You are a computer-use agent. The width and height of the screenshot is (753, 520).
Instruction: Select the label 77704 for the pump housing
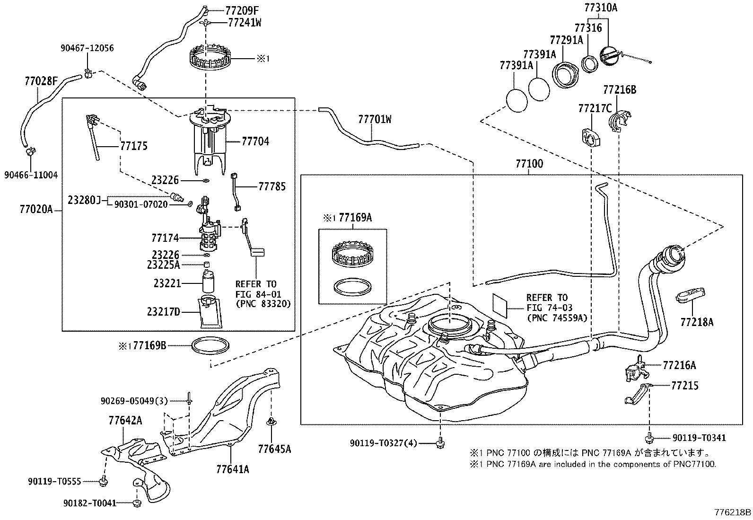point(255,141)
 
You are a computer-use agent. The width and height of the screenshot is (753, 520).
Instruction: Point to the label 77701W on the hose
point(375,120)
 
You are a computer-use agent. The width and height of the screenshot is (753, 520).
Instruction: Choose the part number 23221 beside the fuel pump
point(167,283)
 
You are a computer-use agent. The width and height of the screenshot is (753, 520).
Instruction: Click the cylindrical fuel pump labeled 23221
point(209,282)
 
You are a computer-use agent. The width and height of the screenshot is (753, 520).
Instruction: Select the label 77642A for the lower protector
point(125,420)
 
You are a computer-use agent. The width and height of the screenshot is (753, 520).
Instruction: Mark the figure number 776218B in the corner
point(733,512)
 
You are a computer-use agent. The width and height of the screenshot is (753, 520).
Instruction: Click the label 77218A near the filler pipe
point(697,322)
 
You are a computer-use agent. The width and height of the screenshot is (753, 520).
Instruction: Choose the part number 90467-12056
point(87,48)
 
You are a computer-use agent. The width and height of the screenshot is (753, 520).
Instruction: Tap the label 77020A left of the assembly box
point(36,209)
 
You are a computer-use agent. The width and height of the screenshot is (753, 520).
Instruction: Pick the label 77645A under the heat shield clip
point(274,449)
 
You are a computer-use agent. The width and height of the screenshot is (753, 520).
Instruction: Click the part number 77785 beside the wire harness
point(271,186)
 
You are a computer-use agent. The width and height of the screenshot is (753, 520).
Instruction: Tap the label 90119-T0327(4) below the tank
point(384,443)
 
